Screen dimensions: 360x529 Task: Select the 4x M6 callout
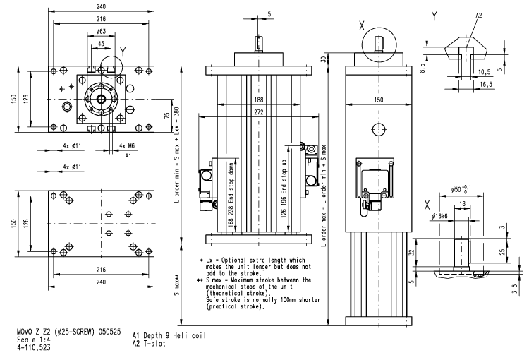coord(116,146)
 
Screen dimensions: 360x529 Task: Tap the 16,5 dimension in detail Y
coord(485,83)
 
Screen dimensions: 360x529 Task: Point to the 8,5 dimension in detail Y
coord(421,68)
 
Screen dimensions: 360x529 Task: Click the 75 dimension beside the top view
coord(166,116)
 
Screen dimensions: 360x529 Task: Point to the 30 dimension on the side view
coord(326,60)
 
